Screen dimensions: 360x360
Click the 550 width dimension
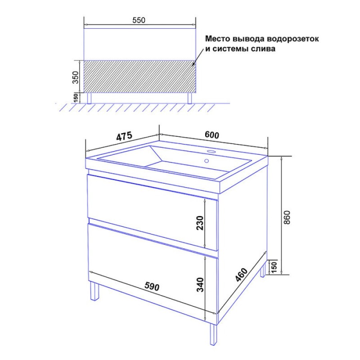(x=139, y=20)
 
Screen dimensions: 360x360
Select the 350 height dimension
(x=75, y=77)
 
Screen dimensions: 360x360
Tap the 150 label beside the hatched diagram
(x=76, y=98)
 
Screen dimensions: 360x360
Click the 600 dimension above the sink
(x=212, y=135)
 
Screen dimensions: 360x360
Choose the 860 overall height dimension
(x=287, y=217)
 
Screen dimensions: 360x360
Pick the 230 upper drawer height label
(x=200, y=223)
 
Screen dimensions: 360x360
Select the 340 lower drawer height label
(x=200, y=285)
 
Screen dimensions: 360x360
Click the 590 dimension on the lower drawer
(x=152, y=286)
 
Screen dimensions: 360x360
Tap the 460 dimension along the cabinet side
(x=242, y=274)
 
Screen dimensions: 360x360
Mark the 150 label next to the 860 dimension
(x=274, y=266)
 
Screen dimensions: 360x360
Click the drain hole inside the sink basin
(x=206, y=161)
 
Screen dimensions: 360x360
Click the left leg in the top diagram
(x=89, y=98)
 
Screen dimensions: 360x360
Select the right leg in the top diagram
(x=190, y=98)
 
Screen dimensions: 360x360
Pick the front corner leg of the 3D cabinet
(x=214, y=334)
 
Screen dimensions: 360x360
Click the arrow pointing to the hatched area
(x=199, y=57)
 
